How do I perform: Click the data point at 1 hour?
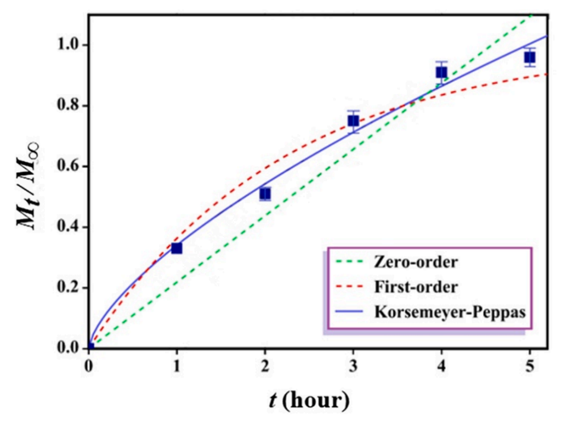pos(176,248)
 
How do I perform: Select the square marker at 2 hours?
pos(265,194)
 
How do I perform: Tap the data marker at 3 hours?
pos(353,121)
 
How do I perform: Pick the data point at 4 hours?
pos(441,72)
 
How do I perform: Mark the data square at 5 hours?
pos(530,57)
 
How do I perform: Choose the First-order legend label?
pos(408,287)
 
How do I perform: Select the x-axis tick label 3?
pos(353,365)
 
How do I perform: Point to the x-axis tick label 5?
pos(530,365)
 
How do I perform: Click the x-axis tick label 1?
pos(176,365)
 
